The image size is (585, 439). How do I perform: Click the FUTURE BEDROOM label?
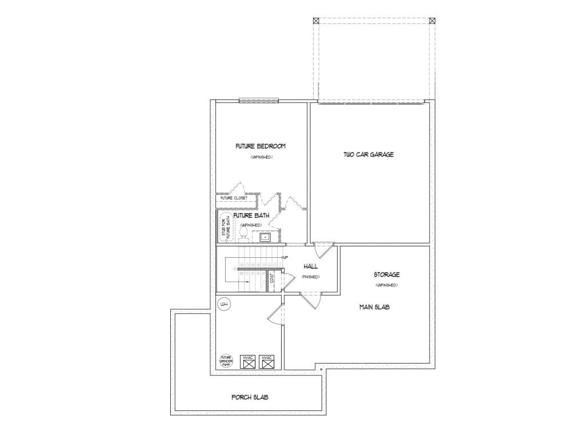coord(261,146)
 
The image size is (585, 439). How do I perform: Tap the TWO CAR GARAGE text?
coord(368,154)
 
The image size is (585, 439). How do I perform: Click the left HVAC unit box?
coord(248,361)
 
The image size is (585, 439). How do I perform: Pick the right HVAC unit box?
coord(267,361)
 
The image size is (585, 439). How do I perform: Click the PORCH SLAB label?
coord(250,397)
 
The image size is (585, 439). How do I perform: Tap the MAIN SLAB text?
coord(374,307)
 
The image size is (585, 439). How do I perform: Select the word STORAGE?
coord(387,275)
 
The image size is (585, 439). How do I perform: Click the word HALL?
coord(311,266)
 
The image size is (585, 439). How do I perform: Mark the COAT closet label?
coord(272,280)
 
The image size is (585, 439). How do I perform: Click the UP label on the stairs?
coord(285,258)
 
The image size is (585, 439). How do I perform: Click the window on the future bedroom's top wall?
coord(258,101)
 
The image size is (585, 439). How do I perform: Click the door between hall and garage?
coord(323,249)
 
